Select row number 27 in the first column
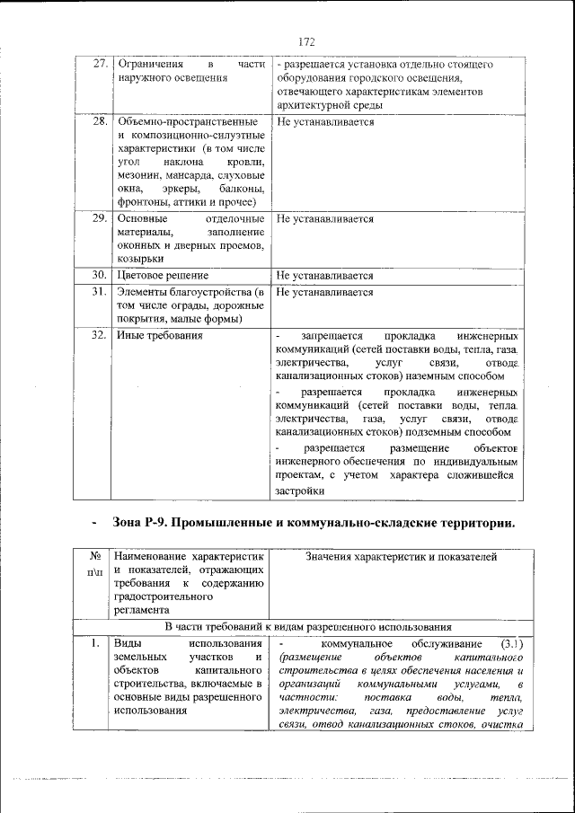101,65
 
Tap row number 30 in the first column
101,275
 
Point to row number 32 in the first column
101,335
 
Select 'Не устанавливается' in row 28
325,121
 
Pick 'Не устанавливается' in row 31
325,292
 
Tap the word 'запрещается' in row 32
332,335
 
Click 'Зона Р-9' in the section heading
143,524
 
